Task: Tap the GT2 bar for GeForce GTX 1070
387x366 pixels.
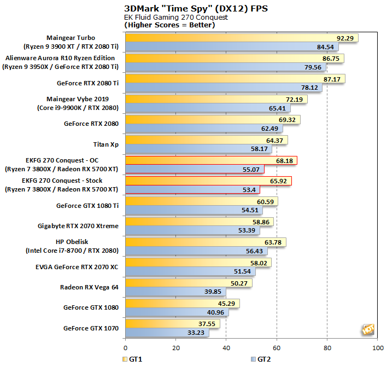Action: [x=167, y=332]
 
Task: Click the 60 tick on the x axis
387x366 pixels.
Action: [x=277, y=347]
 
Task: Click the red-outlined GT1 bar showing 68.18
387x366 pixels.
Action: [x=211, y=161]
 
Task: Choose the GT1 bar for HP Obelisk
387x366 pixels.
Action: [x=206, y=242]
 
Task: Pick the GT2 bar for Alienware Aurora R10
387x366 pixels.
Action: [x=225, y=67]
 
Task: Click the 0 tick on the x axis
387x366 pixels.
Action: [x=126, y=347]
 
